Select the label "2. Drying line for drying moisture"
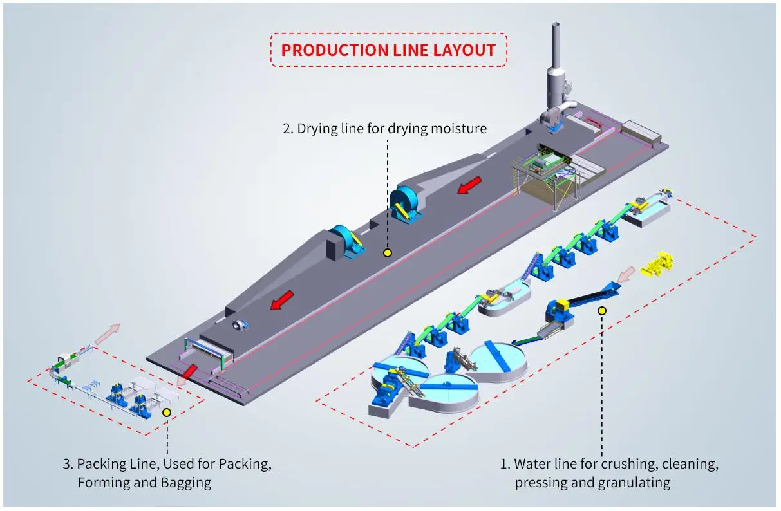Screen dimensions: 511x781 (385, 129)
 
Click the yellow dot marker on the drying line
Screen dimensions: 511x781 (387, 253)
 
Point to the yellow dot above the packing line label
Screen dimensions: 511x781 (167, 413)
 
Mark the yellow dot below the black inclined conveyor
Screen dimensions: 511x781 (602, 311)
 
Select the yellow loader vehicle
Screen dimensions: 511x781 (659, 265)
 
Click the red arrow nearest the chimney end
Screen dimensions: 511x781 (469, 186)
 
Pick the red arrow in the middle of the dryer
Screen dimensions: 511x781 (281, 299)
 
